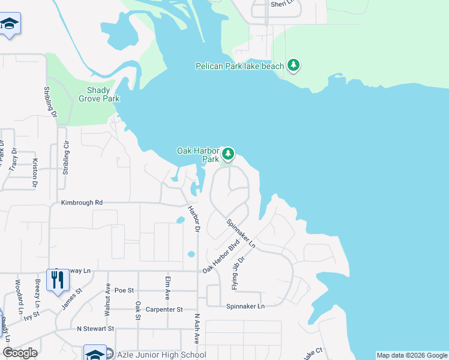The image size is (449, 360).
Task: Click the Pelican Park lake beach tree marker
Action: click(293, 65)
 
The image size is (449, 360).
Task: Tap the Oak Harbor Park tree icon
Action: click(228, 155)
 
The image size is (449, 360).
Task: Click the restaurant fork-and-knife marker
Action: click(58, 280)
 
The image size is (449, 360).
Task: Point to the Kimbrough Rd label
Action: click(82, 203)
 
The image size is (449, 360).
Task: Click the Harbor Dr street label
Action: click(193, 219)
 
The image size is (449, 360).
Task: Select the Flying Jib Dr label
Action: click(238, 273)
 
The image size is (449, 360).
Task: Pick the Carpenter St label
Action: click(163, 309)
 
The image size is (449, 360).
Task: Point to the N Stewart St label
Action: click(95, 328)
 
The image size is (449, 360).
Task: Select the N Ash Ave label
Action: click(196, 329)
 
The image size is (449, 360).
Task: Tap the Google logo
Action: click(20, 353)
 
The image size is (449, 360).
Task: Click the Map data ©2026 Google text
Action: click(411, 355)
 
